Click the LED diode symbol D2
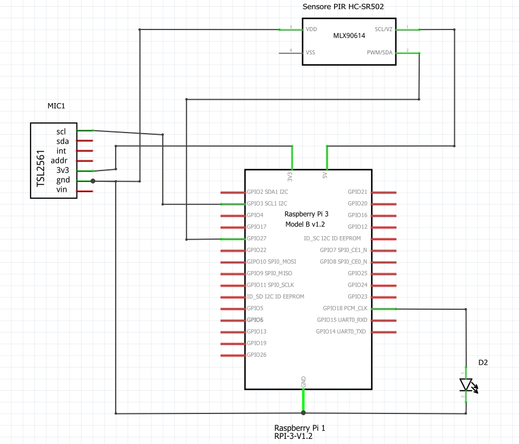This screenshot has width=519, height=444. click(x=466, y=385)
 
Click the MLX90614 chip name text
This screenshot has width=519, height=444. click(x=349, y=35)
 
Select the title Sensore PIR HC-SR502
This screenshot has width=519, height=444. click(x=348, y=6)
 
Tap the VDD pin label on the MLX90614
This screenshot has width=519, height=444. click(x=311, y=29)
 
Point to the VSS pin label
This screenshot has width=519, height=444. click(x=311, y=52)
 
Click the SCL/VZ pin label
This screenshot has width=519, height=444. click(x=383, y=29)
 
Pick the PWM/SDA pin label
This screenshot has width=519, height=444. click(x=379, y=52)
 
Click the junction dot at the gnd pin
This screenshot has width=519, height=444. click(x=93, y=181)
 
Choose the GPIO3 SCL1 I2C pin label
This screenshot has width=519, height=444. click(x=267, y=203)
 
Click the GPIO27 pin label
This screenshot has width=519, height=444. click(x=256, y=238)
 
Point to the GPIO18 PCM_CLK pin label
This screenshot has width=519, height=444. click(x=345, y=309)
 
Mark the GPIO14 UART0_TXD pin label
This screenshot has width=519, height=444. click(x=341, y=332)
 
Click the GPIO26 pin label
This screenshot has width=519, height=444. click(x=256, y=355)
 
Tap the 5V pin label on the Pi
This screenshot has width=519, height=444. click(x=325, y=174)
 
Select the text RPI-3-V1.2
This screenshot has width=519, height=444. click(x=293, y=437)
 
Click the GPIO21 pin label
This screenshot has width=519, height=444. click(x=357, y=192)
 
